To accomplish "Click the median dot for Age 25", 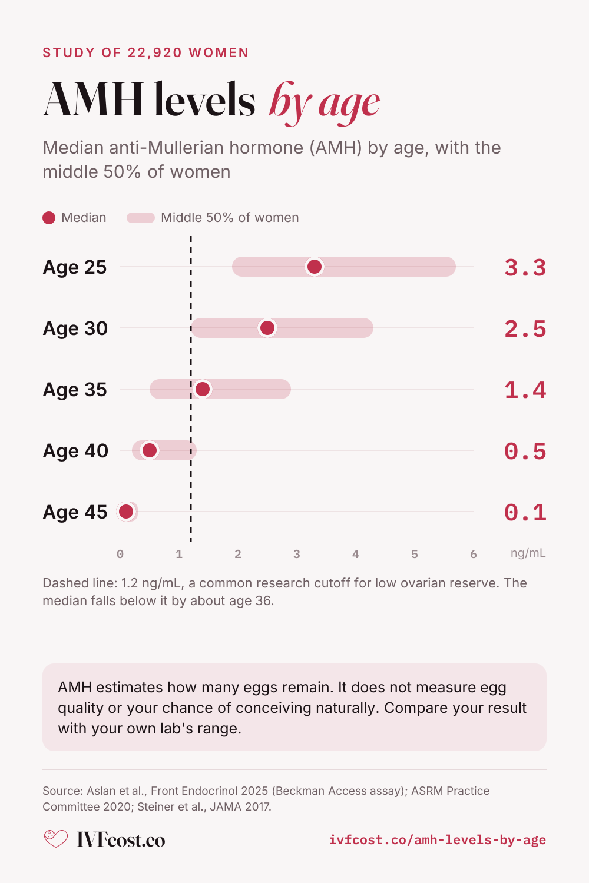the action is [x=315, y=267].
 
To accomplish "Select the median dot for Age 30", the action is [x=267, y=328].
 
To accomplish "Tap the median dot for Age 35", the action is [x=203, y=389].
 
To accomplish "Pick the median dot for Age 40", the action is [x=150, y=450].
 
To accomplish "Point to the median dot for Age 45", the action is [x=126, y=512].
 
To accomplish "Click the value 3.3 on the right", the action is [x=525, y=268].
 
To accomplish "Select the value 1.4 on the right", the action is [x=525, y=390].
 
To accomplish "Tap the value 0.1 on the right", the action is [x=525, y=513].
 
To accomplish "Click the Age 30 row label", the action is [x=75, y=328].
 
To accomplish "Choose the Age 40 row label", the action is [x=75, y=450].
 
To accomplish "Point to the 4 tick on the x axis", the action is [x=355, y=555].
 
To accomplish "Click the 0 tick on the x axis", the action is [x=120, y=555].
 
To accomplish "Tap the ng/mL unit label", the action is [x=528, y=553].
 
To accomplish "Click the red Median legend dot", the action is [x=49, y=218].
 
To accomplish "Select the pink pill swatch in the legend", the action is [x=140, y=218].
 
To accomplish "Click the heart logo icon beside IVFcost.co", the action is [x=55, y=838].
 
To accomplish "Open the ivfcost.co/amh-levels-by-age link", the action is [x=438, y=839].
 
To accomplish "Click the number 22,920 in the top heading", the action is [x=155, y=52].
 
